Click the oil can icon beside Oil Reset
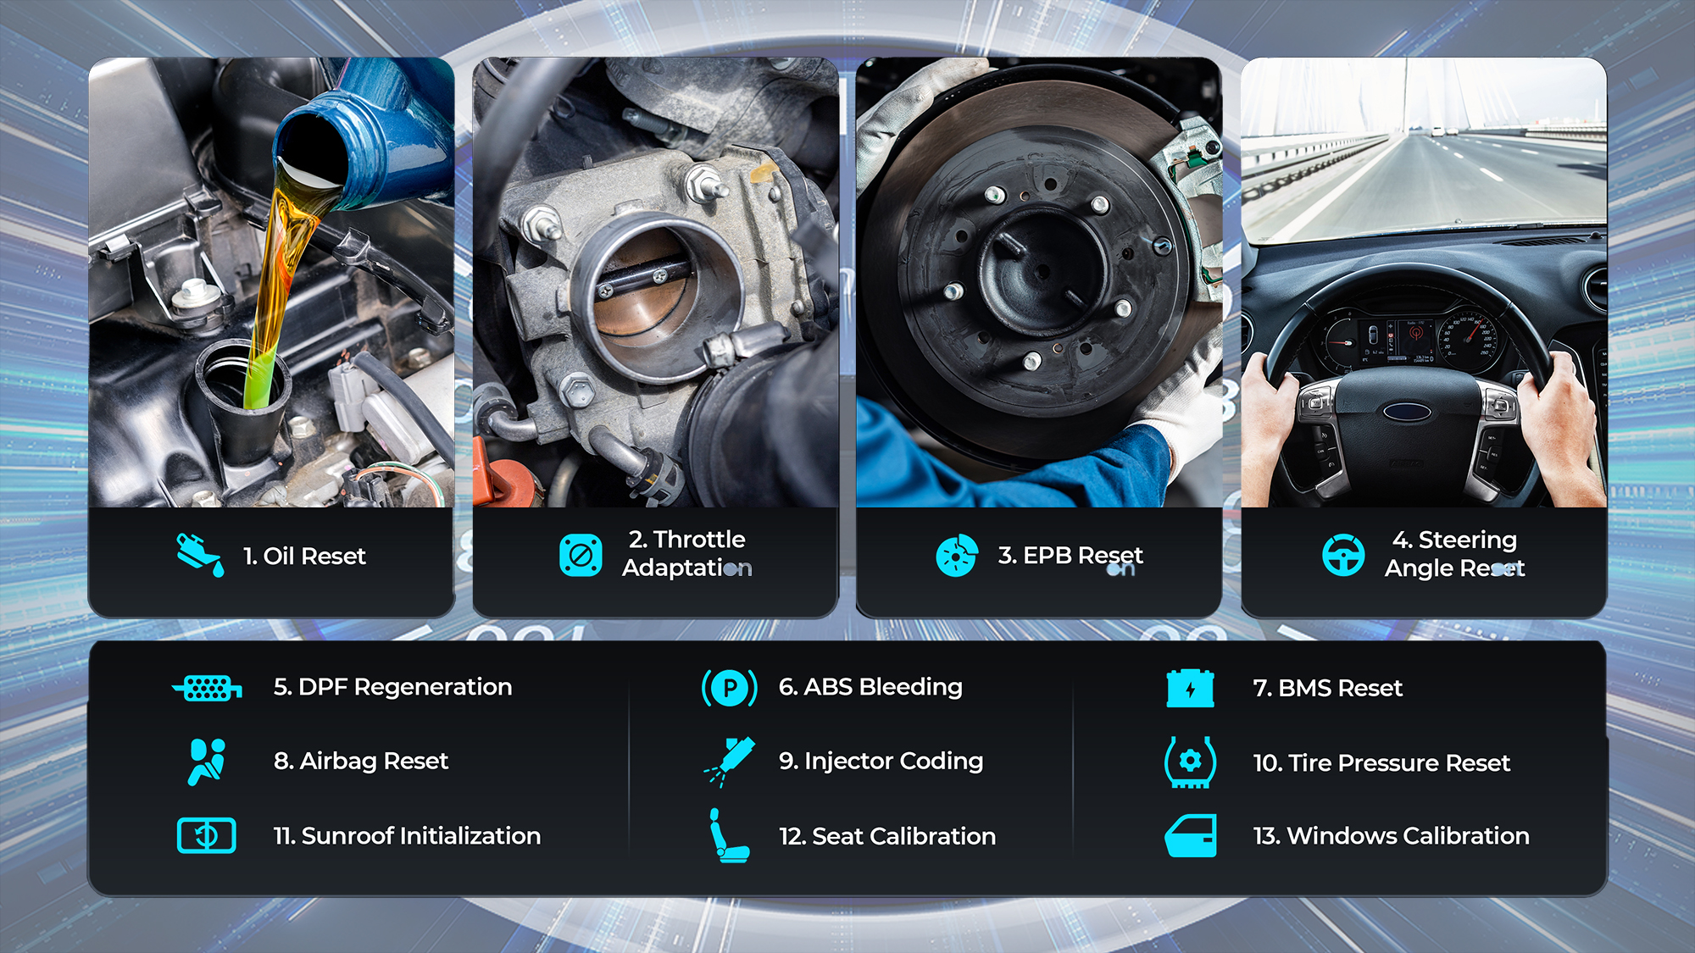click(200, 555)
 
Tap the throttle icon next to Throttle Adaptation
click(581, 555)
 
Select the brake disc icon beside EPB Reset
click(957, 556)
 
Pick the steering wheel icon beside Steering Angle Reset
click(1343, 555)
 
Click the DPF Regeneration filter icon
click(207, 688)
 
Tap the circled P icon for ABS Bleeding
click(730, 688)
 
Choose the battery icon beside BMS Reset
click(1190, 688)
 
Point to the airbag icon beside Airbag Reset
click(207, 762)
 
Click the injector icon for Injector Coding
click(730, 762)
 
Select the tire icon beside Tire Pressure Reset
click(1190, 762)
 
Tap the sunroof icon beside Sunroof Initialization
click(207, 836)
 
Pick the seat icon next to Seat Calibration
click(729, 836)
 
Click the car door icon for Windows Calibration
click(1191, 836)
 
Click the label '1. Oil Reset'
click(304, 556)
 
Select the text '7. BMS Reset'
click(1327, 688)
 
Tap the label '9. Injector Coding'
click(881, 762)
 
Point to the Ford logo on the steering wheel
click(1407, 413)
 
